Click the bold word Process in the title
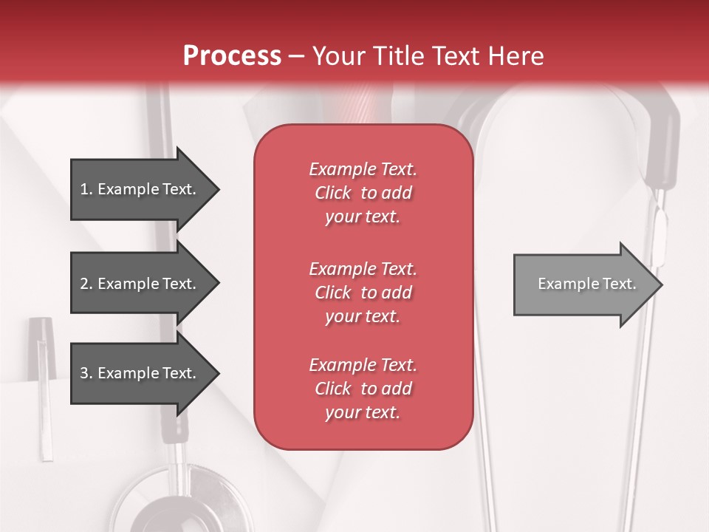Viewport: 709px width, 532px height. click(x=232, y=55)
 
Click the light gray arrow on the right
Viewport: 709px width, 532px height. click(x=583, y=284)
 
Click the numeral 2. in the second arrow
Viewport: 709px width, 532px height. click(x=86, y=284)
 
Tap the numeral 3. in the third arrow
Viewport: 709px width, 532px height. click(x=86, y=373)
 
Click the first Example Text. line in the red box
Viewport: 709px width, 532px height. click(x=363, y=169)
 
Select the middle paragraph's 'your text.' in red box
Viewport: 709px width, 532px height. click(x=363, y=316)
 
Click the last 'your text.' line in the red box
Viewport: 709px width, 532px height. click(x=363, y=412)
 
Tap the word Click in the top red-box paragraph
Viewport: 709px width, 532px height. click(x=332, y=193)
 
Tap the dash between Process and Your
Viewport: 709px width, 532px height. click(x=296, y=56)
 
